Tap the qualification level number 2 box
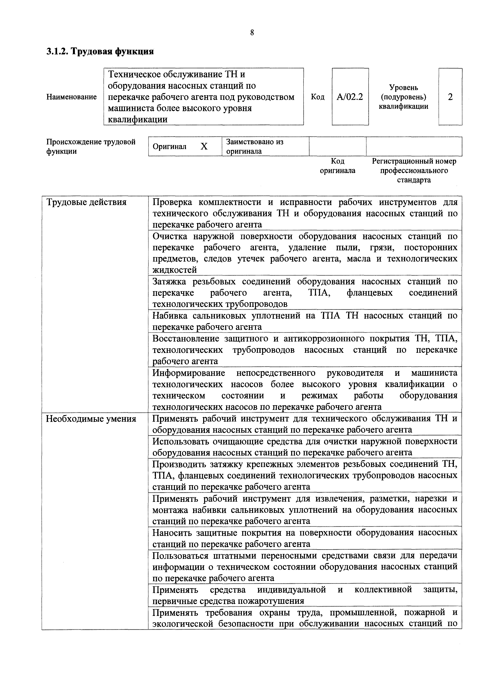450,97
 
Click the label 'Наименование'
72,97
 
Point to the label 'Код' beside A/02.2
318,97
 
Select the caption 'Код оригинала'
338,166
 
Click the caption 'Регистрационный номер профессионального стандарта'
414,171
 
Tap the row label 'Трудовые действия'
86,203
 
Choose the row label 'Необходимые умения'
91,419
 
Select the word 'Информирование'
189,373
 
